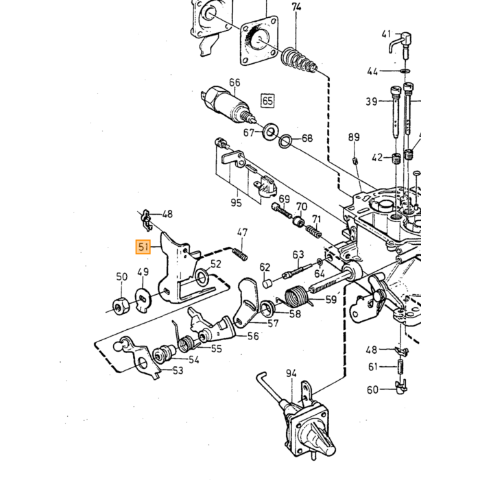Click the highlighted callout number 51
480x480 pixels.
(x=143, y=247)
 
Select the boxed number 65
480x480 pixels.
(x=267, y=100)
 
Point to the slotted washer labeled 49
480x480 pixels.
(x=143, y=300)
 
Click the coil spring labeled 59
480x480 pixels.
(x=296, y=296)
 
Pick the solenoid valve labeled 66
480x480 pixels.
(x=228, y=104)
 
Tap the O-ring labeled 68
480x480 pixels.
(x=285, y=141)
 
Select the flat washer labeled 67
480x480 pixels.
(x=269, y=132)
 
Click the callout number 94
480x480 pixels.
(x=291, y=373)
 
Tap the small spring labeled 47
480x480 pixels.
(x=240, y=254)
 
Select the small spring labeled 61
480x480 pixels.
(x=400, y=366)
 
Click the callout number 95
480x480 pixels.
(x=236, y=203)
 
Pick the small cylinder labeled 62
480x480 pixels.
(x=267, y=283)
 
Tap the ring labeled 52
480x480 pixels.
(x=202, y=277)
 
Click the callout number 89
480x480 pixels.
(x=354, y=137)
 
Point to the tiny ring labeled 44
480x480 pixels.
(x=405, y=71)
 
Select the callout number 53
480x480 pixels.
(x=178, y=370)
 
